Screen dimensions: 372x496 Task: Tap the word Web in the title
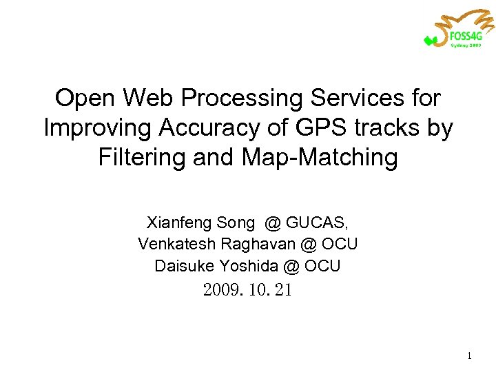(141, 99)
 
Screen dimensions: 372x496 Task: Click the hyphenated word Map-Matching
(320, 158)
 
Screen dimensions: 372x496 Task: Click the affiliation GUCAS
(316, 223)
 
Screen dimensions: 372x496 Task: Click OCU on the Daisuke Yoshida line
(322, 265)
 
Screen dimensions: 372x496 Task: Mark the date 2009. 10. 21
(247, 290)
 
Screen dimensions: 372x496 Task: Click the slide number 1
(468, 356)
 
